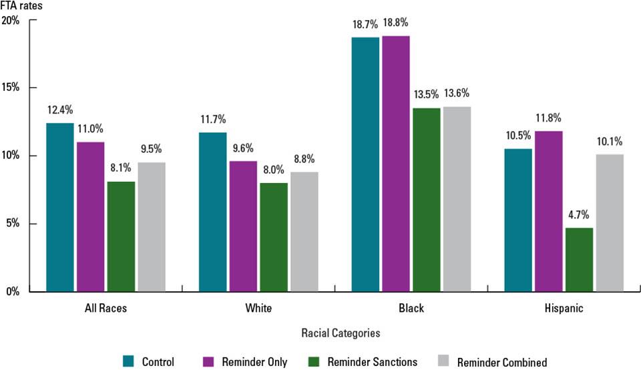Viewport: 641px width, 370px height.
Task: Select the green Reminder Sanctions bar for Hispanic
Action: pyautogui.click(x=579, y=260)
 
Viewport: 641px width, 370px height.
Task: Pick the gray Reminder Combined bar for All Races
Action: pyautogui.click(x=152, y=227)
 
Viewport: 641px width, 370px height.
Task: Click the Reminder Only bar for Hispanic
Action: pyautogui.click(x=548, y=211)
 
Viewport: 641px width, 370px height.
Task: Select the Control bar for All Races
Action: pyautogui.click(x=60, y=207)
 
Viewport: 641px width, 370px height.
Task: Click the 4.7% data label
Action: pyautogui.click(x=579, y=217)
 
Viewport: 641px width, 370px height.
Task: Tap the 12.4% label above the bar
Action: pyautogui.click(x=60, y=110)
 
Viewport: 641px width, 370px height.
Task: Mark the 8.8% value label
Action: pyautogui.click(x=304, y=160)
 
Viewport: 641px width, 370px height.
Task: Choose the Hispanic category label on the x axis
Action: pyautogui.click(x=564, y=309)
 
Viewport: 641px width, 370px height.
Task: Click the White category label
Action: pyautogui.click(x=258, y=309)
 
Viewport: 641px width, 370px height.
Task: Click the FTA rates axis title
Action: pyautogui.click(x=19, y=5)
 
